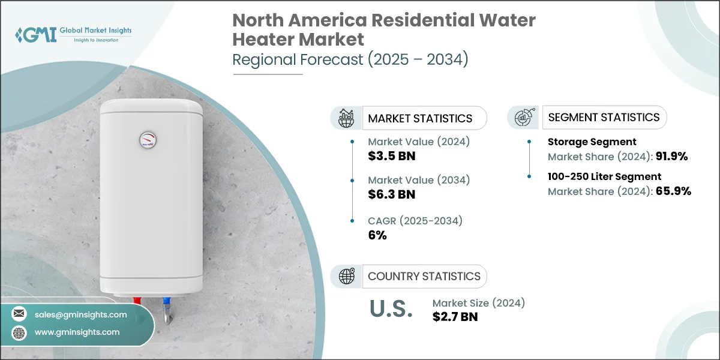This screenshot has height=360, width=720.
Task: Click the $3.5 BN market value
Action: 392,156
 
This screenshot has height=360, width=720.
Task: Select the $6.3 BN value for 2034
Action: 392,194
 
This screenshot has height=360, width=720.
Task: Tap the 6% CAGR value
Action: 377,235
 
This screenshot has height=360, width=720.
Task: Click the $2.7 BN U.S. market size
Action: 455,317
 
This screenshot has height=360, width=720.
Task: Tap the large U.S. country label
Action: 391,308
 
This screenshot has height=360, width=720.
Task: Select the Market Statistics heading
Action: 420,118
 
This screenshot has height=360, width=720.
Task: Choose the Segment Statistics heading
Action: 604,117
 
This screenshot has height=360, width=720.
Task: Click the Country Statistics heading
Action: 424,276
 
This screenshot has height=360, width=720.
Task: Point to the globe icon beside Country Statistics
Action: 347,276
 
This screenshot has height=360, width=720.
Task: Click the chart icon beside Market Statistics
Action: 346,118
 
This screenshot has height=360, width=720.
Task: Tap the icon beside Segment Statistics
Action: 523,118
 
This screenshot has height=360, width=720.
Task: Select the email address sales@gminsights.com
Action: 80,314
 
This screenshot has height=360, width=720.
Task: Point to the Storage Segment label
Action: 592,142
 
